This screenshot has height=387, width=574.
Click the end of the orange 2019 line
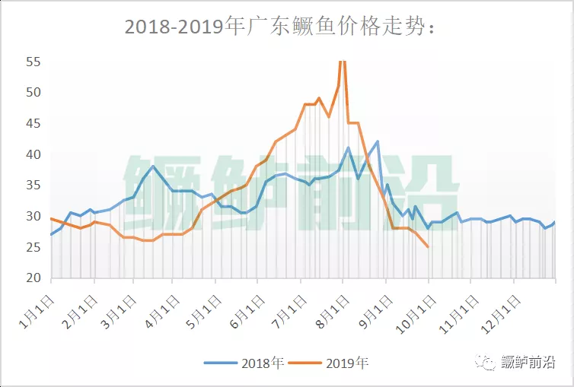click(428, 246)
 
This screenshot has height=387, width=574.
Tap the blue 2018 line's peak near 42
click(378, 141)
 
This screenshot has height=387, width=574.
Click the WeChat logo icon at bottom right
click(487, 362)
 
